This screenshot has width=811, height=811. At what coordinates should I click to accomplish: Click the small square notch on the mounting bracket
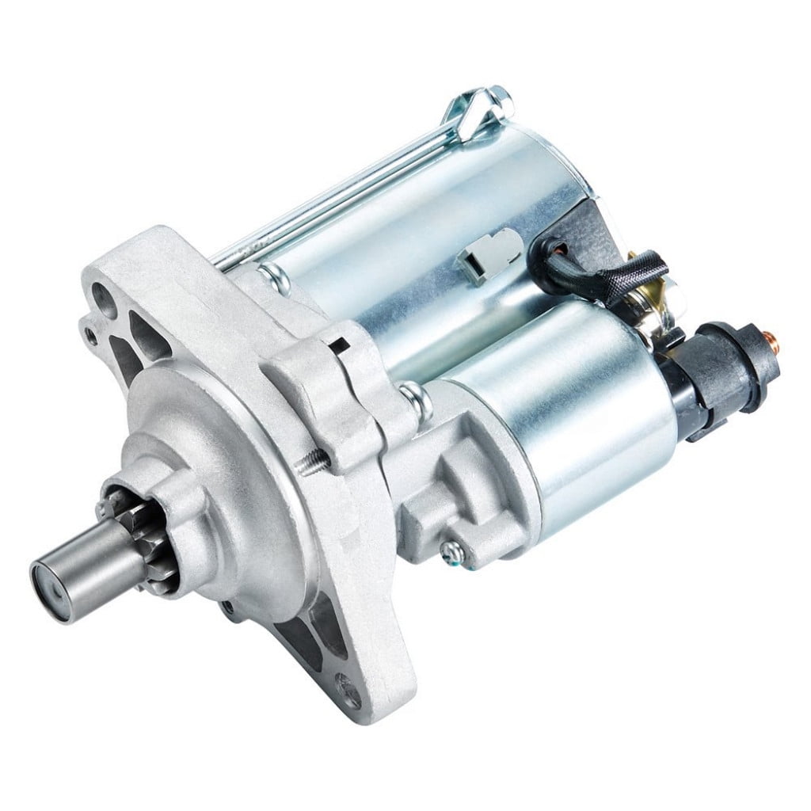coord(341,346)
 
